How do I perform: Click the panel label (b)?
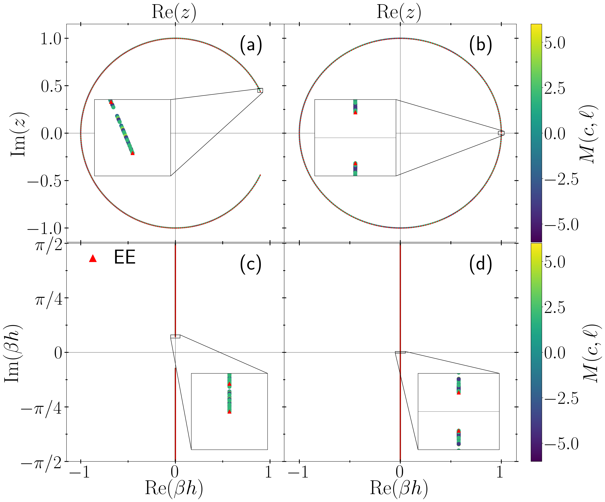point(480,45)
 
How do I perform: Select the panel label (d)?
point(480,264)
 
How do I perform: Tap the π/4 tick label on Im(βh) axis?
point(48,300)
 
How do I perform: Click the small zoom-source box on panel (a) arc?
point(260,90)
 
